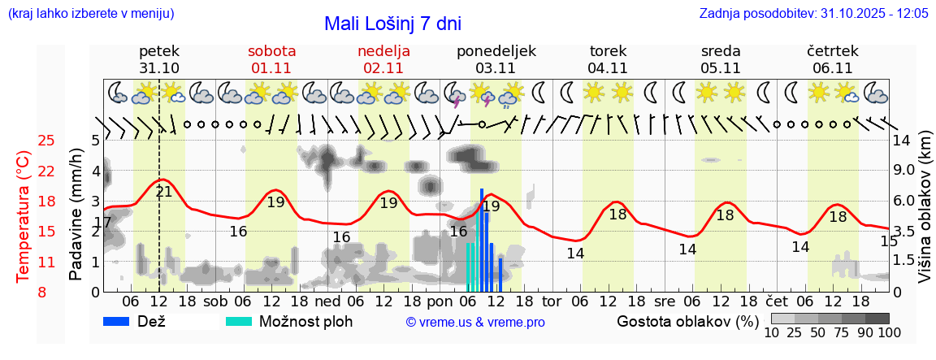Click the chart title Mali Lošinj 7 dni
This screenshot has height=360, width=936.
click(392, 24)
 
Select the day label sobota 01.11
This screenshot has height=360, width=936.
click(271, 59)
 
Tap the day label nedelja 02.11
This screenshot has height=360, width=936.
click(383, 59)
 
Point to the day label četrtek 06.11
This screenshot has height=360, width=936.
click(833, 59)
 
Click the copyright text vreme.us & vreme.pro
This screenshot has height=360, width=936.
click(475, 323)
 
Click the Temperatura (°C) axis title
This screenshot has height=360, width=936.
click(24, 215)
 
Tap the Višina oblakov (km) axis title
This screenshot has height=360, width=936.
click(925, 215)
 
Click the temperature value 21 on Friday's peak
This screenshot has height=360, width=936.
click(163, 192)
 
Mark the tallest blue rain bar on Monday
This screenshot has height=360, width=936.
click(482, 240)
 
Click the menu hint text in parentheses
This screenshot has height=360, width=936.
click(89, 14)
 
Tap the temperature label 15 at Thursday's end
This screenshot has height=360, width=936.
click(889, 241)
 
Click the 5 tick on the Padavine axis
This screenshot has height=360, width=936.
click(95, 140)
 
